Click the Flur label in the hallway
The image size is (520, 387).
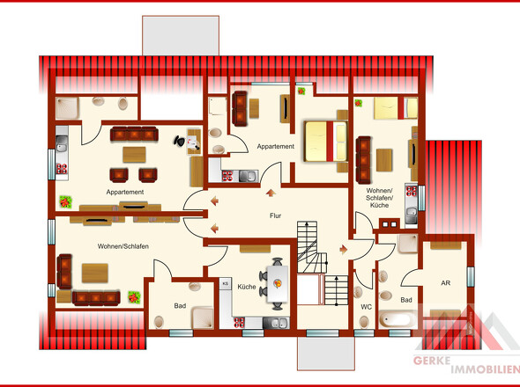click(275, 215)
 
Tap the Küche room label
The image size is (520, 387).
click(247, 287)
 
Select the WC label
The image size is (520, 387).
click(366, 307)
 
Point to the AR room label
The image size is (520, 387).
click(445, 283)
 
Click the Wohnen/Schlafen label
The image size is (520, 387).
click(123, 246)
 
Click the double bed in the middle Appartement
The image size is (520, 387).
click(326, 142)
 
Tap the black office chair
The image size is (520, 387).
click(180, 141)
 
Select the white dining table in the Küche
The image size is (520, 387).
click(278, 284)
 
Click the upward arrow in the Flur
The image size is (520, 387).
click(271, 193)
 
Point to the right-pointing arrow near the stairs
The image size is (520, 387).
click(343, 249)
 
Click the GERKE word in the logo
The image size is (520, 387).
click(432, 361)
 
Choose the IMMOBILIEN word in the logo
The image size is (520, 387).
click(485, 369)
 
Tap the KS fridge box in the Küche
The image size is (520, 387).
click(226, 283)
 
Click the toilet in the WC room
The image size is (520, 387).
click(364, 321)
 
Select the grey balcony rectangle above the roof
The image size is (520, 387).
click(181, 35)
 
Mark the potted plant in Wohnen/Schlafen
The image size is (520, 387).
click(134, 297)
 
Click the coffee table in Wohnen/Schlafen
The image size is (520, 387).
click(95, 274)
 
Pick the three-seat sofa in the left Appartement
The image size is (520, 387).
click(134, 134)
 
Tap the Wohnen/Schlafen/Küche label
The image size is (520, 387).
click(379, 198)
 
